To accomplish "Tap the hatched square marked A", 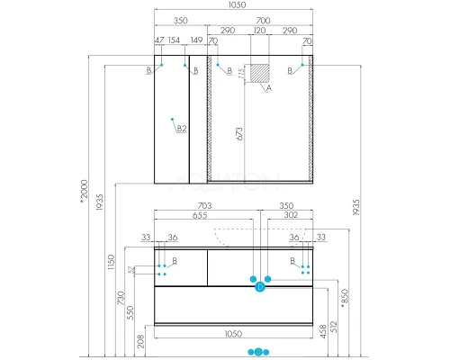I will [259, 76].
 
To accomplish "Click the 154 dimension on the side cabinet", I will [174, 42].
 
